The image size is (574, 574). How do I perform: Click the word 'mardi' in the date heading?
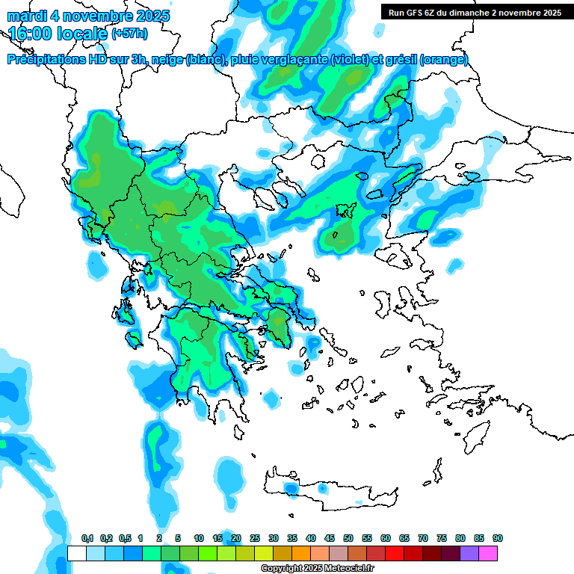click(27, 16)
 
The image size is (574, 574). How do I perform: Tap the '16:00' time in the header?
click(29, 34)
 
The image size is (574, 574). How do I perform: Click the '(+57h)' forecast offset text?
click(129, 34)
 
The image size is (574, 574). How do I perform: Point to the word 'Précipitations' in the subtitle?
click(44, 60)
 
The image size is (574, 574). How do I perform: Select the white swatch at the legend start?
click(76, 553)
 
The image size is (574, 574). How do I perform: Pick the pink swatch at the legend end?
click(488, 553)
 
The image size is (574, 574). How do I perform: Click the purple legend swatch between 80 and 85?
click(469, 553)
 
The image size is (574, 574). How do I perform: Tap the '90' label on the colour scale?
click(497, 538)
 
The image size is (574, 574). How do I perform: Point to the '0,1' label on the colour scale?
click(87, 538)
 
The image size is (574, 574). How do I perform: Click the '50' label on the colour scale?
click(348, 538)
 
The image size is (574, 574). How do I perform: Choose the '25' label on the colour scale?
click(255, 538)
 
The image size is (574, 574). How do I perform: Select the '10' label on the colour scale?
click(199, 538)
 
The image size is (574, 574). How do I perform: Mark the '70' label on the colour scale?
click(423, 538)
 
